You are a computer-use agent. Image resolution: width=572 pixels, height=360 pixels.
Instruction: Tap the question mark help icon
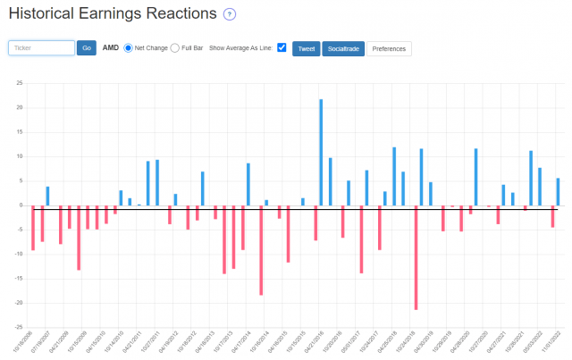[230, 14]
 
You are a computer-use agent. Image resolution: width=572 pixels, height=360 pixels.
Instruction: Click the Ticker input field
[41, 47]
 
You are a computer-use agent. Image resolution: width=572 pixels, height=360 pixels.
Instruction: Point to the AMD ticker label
[111, 47]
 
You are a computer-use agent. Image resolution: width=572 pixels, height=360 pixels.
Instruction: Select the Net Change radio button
[129, 47]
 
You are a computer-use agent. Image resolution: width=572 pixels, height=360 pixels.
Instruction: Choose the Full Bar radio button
[174, 47]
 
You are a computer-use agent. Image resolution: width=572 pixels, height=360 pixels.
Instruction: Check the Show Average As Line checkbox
[282, 47]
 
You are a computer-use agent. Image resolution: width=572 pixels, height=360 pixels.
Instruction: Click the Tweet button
[306, 48]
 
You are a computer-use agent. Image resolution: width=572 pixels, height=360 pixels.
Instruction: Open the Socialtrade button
[342, 48]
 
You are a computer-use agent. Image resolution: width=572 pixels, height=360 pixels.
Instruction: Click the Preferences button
[390, 48]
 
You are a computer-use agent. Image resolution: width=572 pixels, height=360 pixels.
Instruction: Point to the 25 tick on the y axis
[20, 84]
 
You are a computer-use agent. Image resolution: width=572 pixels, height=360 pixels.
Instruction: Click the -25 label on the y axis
[18, 326]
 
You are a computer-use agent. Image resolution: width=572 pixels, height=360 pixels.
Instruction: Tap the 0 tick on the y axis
[21, 205]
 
